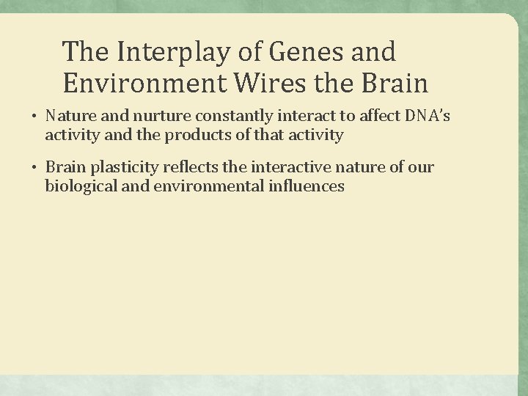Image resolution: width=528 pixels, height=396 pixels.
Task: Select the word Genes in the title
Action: click(x=296, y=53)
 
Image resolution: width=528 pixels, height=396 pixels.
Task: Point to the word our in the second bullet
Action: click(x=422, y=168)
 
